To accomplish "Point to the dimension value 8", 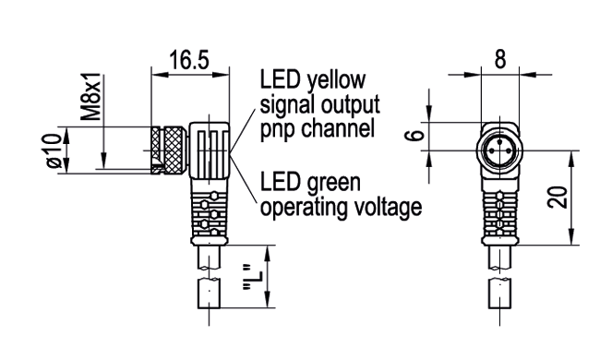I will click(499, 60).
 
